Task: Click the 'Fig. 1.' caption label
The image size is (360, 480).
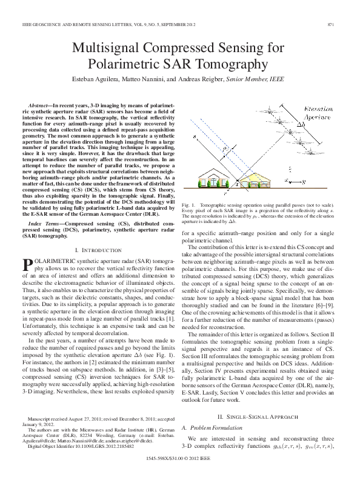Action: point(189,206)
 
